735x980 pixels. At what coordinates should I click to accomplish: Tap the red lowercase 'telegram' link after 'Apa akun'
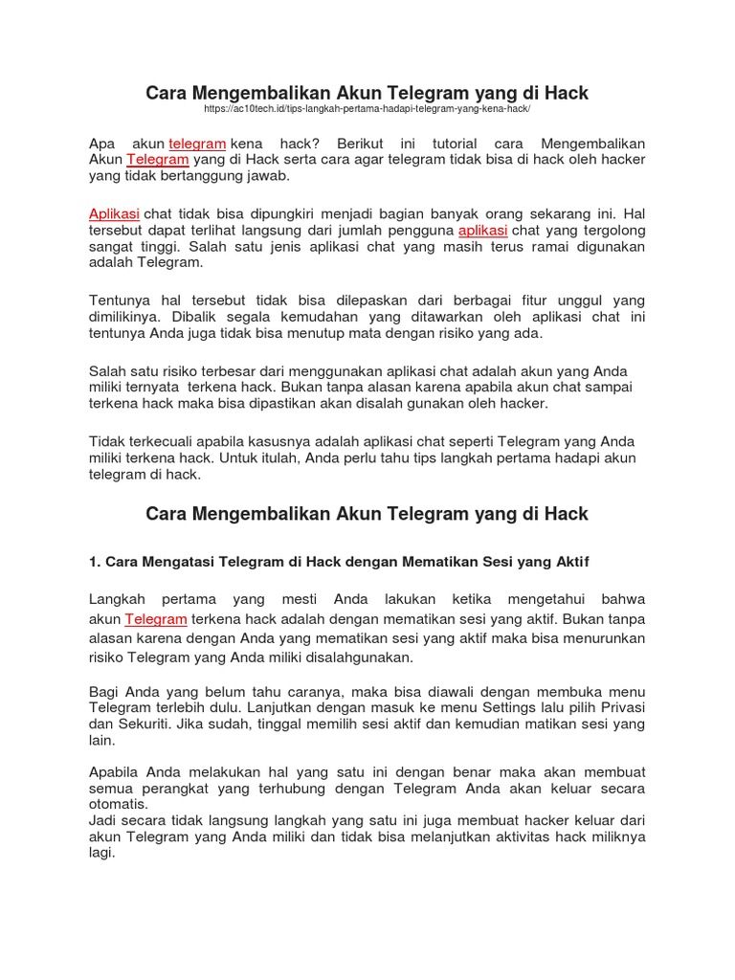pyautogui.click(x=197, y=143)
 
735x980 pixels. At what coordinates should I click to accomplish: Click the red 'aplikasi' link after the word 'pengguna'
pyautogui.click(x=482, y=231)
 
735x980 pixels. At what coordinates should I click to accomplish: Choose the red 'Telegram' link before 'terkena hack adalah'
pyautogui.click(x=155, y=619)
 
